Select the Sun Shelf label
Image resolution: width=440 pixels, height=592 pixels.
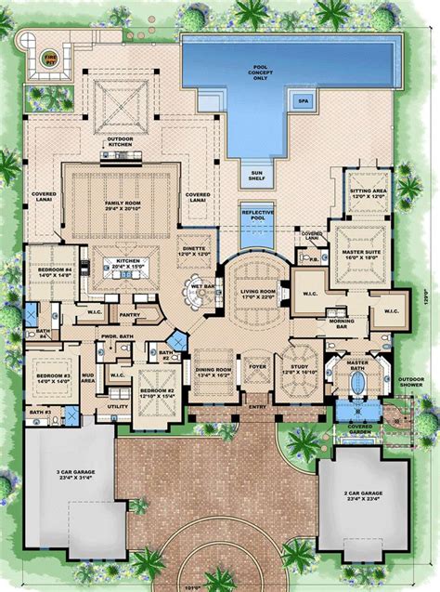click(255, 170)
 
